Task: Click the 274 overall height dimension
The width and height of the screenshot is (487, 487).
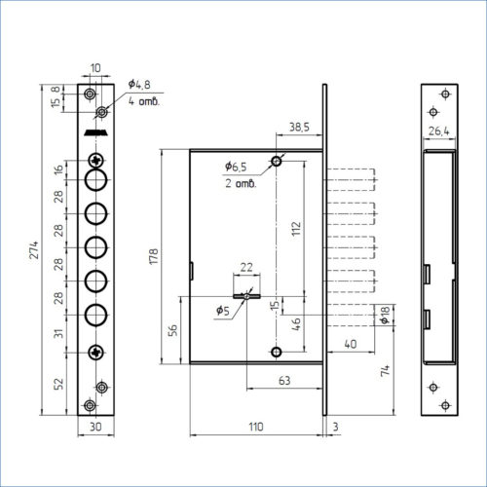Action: pyautogui.click(x=34, y=250)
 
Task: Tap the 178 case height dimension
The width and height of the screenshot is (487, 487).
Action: pyautogui.click(x=154, y=256)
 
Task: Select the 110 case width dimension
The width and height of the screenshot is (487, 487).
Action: pyautogui.click(x=256, y=427)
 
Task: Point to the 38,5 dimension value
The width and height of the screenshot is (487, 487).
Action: pyautogui.click(x=299, y=127)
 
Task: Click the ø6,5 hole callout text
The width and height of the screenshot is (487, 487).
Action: pyautogui.click(x=236, y=167)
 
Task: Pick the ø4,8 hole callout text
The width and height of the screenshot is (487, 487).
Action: pyautogui.click(x=139, y=84)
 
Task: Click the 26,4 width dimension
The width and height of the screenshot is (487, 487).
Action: pyautogui.click(x=439, y=131)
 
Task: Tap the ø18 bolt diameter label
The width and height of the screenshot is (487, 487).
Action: pyautogui.click(x=385, y=315)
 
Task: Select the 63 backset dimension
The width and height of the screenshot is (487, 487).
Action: pyautogui.click(x=284, y=381)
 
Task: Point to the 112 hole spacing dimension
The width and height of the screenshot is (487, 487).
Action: pyautogui.click(x=296, y=229)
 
